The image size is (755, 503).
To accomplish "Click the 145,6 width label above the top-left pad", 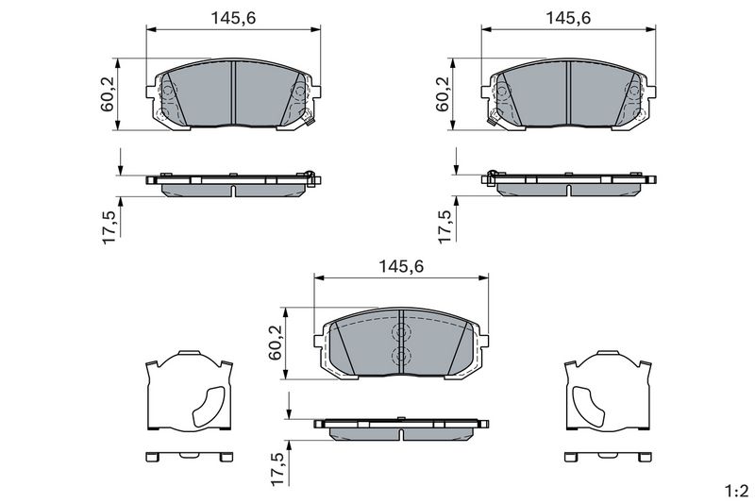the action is [233, 18].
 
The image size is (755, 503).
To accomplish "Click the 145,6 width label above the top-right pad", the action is [568, 18].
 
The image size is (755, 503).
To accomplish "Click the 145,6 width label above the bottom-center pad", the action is [400, 267].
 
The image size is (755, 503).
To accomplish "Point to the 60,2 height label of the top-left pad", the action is [108, 93].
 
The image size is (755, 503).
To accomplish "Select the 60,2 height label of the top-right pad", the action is [443, 93].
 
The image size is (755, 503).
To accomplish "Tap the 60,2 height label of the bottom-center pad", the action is [275, 343].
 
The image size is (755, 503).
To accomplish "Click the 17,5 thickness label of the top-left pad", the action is [109, 226].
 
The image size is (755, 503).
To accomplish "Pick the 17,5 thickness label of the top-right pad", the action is [445, 226].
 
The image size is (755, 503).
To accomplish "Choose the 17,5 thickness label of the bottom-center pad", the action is [277, 469].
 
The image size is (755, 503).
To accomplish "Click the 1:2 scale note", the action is [737, 492].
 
